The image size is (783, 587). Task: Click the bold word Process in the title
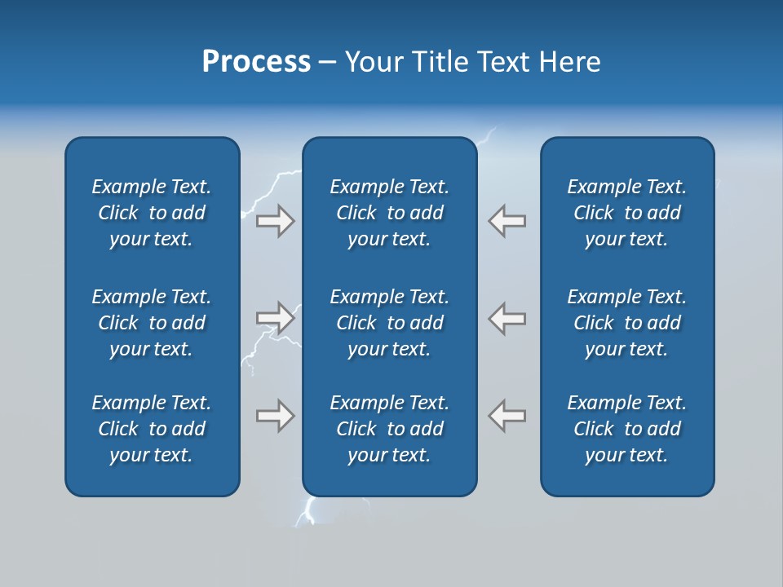pos(256,62)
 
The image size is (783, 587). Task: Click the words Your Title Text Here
pos(472,62)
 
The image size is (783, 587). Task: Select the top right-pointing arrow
pos(275,221)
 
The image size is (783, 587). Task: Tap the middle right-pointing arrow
pos(275,318)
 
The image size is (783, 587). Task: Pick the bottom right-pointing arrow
pos(275,416)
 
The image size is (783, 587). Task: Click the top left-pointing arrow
pos(507,221)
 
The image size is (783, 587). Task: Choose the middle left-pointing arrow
pos(507,318)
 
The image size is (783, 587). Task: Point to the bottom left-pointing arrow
pos(507,416)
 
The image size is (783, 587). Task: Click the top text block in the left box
pos(152,213)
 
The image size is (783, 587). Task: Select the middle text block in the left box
pos(152,323)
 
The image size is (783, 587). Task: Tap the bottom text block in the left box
pos(152,429)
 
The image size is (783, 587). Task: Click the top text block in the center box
pos(389,213)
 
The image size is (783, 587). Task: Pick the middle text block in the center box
pos(389,323)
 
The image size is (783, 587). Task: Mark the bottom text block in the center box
pos(389,429)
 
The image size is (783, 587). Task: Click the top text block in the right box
pos(626,213)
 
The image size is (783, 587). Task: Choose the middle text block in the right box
pos(626,323)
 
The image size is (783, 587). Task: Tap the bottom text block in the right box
pos(626,429)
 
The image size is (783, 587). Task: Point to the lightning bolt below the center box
pos(308,511)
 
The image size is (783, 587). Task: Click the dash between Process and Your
pos(327,63)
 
